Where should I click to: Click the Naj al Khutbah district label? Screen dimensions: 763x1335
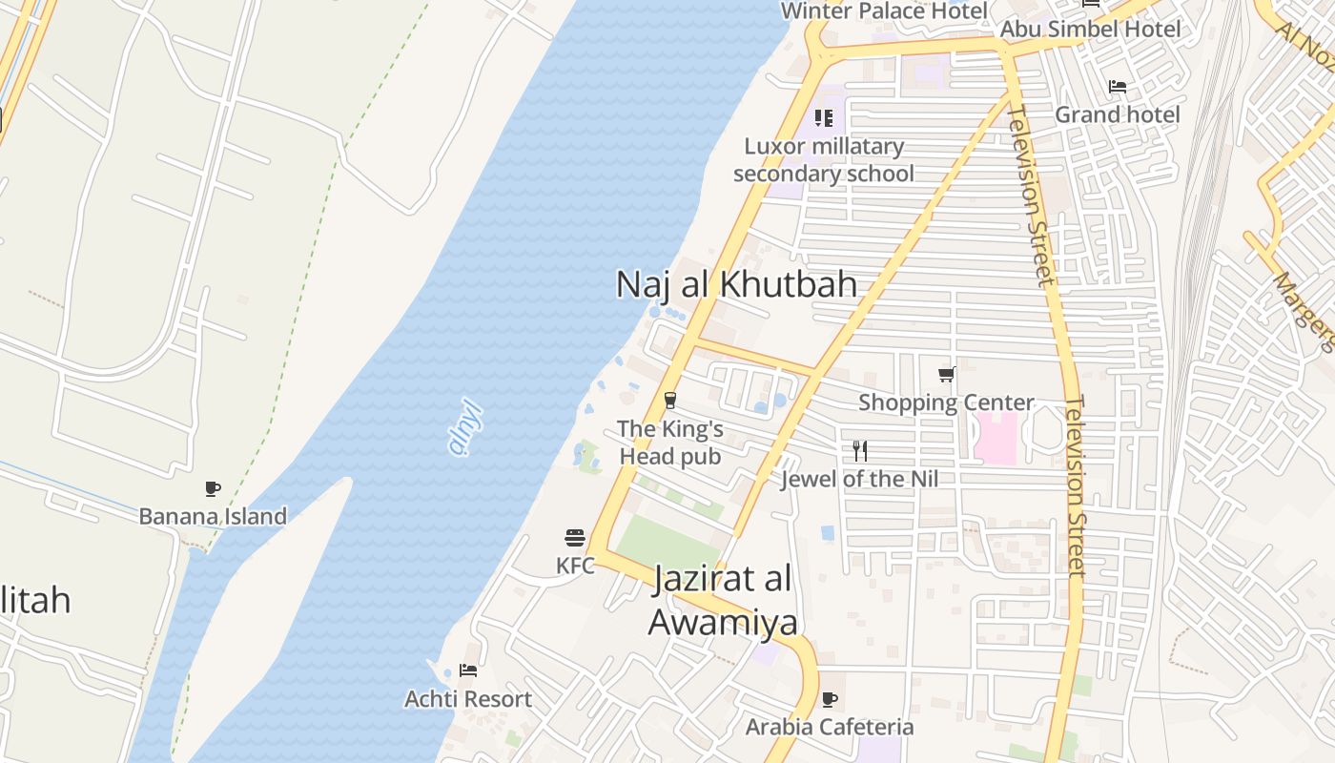[736, 284]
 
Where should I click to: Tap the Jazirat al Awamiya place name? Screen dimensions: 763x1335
[723, 600]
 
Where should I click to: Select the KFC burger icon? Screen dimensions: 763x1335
[574, 538]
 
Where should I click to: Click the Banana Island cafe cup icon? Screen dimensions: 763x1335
[213, 489]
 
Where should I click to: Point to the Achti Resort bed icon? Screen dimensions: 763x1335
[467, 670]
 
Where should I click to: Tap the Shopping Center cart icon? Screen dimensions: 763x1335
[946, 374]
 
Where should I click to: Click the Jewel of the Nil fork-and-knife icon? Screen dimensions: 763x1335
[860, 450]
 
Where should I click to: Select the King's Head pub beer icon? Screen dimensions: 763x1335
[670, 401]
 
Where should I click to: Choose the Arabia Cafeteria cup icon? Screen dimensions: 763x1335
[830, 699]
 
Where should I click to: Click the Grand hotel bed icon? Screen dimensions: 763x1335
[1118, 87]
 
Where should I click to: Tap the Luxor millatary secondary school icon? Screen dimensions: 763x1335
[824, 118]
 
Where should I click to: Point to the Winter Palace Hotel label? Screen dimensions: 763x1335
[884, 11]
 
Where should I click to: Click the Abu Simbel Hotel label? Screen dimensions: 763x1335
[1090, 30]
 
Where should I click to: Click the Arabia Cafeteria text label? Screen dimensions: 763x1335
[830, 727]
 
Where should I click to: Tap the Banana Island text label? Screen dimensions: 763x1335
[213, 517]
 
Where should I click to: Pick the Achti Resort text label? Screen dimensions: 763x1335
[468, 699]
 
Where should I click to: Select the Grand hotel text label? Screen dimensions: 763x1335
[1117, 115]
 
